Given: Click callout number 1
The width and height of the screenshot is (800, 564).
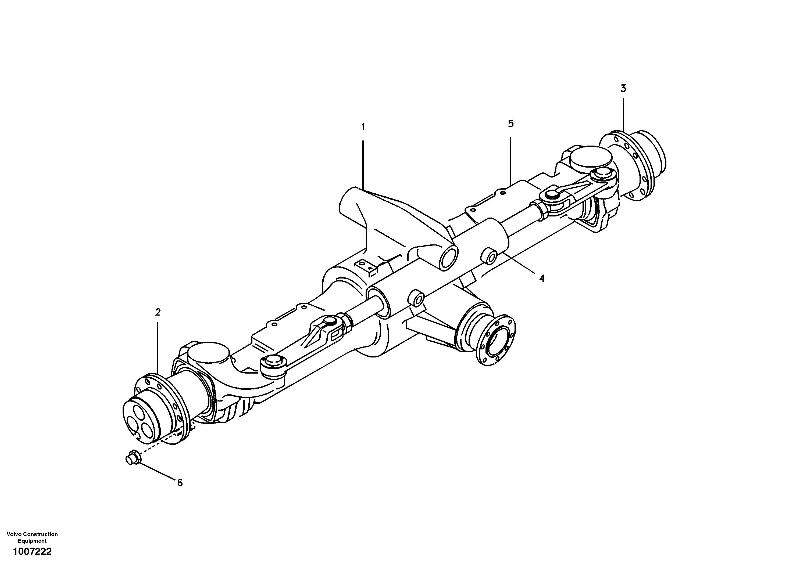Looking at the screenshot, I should [x=363, y=127].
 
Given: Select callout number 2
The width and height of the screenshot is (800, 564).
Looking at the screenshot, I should [x=158, y=312].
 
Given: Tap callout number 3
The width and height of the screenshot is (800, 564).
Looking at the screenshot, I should [x=623, y=88].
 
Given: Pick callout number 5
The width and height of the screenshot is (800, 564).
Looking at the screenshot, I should [x=510, y=124].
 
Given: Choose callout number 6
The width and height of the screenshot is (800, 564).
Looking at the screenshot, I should [x=180, y=483].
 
